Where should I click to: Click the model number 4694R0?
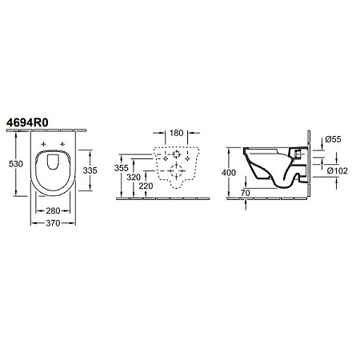(x=27, y=122)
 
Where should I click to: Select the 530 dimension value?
(x=16, y=164)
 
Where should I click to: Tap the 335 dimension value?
(x=90, y=170)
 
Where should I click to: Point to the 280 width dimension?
(x=53, y=210)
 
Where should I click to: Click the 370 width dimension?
(x=53, y=223)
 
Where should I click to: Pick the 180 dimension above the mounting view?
(x=177, y=133)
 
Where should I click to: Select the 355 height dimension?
(x=122, y=168)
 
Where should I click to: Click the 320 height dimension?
(x=134, y=177)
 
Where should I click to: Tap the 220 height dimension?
(x=146, y=186)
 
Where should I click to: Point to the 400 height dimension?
(x=229, y=173)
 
